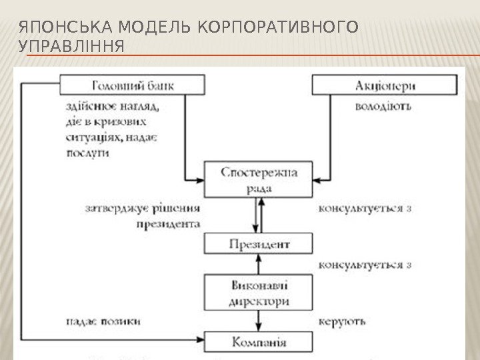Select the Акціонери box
[385, 85]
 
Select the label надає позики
[103, 321]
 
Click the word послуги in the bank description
[87, 152]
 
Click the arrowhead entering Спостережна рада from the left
[199, 180]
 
